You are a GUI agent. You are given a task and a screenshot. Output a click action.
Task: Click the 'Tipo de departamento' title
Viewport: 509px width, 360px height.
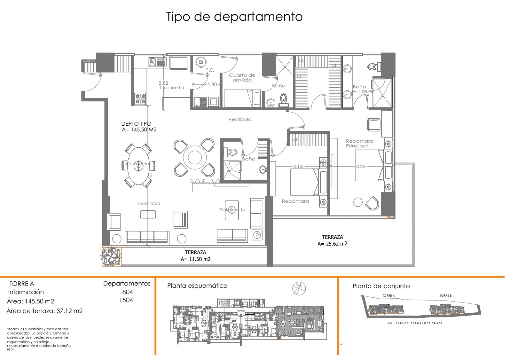[234, 17]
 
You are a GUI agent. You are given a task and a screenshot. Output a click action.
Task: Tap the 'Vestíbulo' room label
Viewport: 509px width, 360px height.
[240, 119]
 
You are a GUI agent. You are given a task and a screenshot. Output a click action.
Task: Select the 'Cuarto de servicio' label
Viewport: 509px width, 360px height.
[242, 78]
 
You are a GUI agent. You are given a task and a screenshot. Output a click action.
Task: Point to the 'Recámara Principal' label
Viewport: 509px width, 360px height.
[359, 143]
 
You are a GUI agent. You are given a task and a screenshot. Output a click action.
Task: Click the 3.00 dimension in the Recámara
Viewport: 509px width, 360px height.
[298, 166]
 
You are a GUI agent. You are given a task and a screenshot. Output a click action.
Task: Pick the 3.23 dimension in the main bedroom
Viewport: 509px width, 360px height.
[361, 166]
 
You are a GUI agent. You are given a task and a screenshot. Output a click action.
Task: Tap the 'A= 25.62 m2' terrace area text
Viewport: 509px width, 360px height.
[332, 244]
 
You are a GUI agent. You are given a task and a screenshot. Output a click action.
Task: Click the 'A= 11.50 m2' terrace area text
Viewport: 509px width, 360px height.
[196, 259]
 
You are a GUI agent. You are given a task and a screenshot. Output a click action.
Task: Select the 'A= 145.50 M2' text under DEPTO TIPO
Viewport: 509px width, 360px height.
[139, 130]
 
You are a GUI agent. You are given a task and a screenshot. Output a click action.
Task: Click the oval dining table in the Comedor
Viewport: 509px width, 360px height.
[138, 166]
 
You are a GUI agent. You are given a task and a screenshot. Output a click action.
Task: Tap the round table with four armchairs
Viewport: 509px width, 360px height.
[194, 157]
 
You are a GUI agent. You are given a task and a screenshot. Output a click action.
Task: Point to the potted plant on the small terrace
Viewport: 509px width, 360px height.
[111, 257]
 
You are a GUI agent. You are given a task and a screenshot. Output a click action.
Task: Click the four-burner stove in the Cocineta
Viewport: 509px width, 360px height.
[140, 98]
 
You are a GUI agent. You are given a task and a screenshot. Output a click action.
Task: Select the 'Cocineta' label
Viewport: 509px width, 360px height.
[172, 88]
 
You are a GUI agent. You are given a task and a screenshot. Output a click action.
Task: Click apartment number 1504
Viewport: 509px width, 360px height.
[126, 300]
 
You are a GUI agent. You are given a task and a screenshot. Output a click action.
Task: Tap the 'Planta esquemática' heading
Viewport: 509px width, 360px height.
[197, 286]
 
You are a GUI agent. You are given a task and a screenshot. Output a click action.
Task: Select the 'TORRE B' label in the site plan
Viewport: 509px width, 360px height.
[445, 296]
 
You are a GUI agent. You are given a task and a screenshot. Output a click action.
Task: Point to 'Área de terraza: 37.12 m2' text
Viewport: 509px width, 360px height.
[44, 311]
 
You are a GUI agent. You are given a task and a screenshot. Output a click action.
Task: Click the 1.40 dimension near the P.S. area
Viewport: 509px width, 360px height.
[212, 84]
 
